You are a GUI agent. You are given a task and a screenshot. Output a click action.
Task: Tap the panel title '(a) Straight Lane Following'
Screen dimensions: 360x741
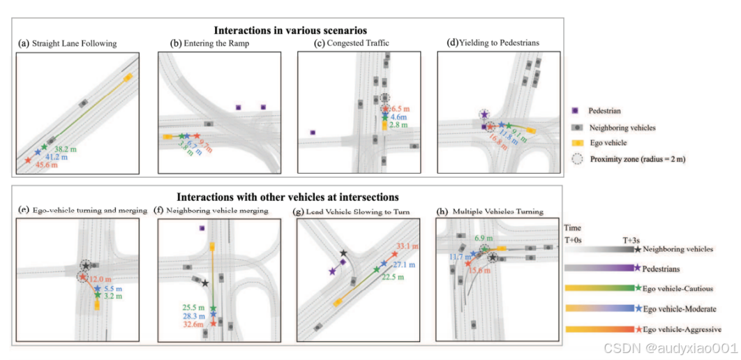tap(68, 43)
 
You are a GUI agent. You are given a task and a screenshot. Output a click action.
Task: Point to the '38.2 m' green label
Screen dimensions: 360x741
tap(66, 149)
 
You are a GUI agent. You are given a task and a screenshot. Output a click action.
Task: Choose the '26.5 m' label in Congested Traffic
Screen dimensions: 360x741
tap(399, 109)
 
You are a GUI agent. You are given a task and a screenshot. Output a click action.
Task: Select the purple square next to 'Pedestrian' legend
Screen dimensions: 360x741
tap(575, 111)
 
